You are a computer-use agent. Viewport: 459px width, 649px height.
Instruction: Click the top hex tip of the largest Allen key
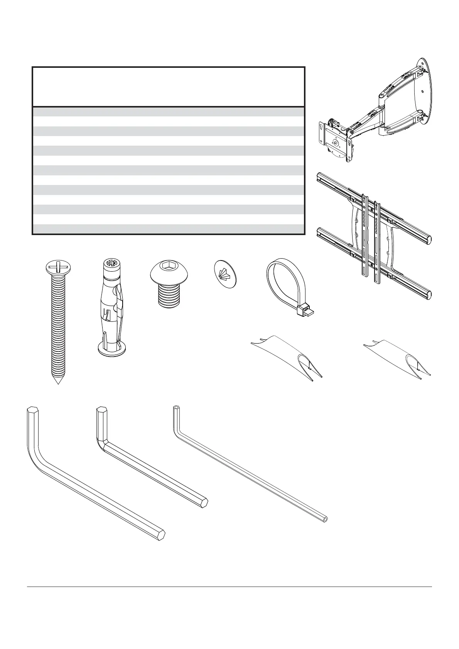pos(32,409)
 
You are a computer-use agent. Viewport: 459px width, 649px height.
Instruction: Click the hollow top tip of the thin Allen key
pos(176,408)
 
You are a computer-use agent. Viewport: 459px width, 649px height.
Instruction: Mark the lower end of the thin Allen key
pos(326,520)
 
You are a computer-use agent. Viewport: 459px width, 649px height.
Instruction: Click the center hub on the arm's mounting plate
pos(336,143)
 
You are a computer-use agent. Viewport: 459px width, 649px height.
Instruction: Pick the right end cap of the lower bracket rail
pos(427,295)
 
